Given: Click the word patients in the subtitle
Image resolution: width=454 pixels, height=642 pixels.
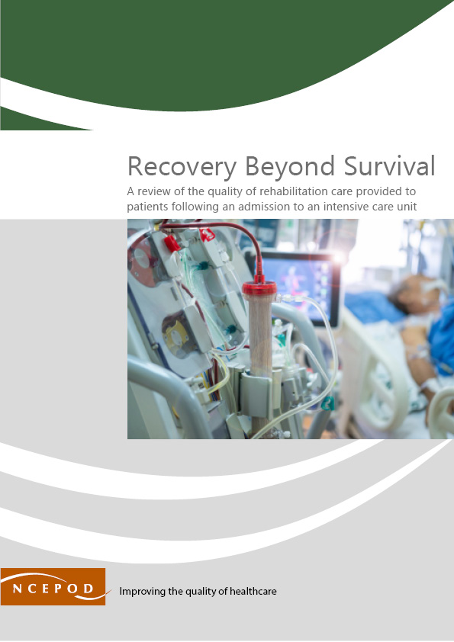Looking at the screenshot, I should click(x=149, y=206).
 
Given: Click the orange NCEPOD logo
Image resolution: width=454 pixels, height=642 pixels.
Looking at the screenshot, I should click(x=53, y=587).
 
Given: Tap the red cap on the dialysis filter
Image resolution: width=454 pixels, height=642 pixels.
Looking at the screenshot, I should click(x=259, y=290).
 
